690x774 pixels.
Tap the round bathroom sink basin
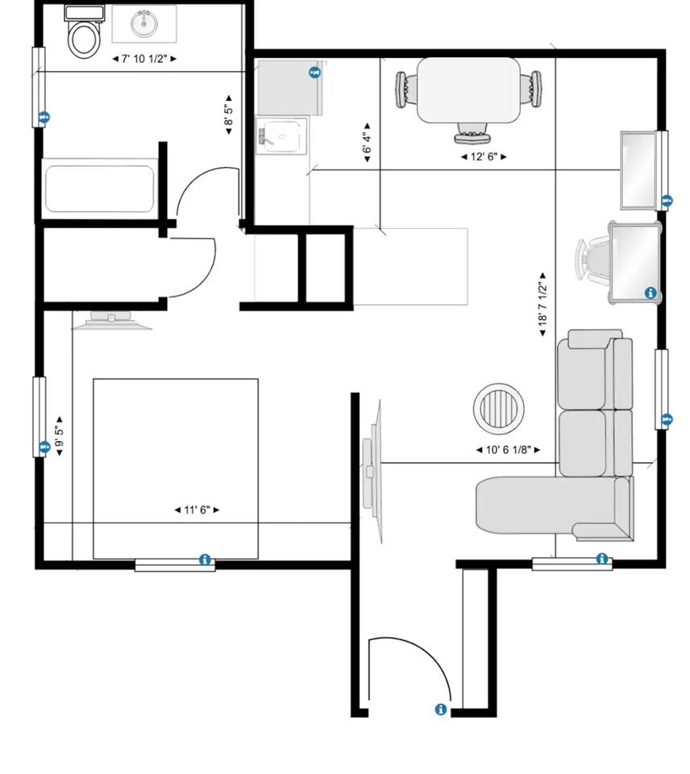coord(144,23)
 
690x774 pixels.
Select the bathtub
coord(100,189)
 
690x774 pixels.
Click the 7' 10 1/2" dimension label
coord(144,59)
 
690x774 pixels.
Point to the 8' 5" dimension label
coord(228,114)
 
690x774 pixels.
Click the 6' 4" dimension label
coord(367,143)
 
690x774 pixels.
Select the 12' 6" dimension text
coord(484,157)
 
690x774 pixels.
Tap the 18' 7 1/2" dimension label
coord(543,304)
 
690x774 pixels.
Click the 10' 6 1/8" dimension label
coord(509,450)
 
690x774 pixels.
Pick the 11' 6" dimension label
coord(197,510)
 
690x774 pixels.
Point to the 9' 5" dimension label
coord(59,436)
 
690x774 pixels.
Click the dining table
coord(469,89)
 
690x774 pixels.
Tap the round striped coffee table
coord(498,408)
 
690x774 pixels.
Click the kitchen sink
coord(281,135)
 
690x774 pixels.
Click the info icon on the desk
coord(651,293)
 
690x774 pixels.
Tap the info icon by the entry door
coord(441,709)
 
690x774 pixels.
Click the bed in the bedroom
coord(176,469)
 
